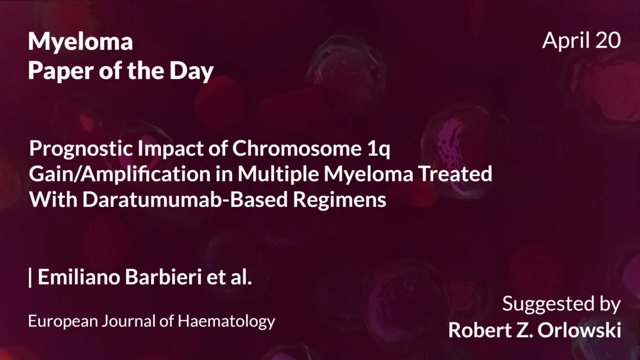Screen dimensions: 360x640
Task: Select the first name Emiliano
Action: pyautogui.click(x=79, y=277)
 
